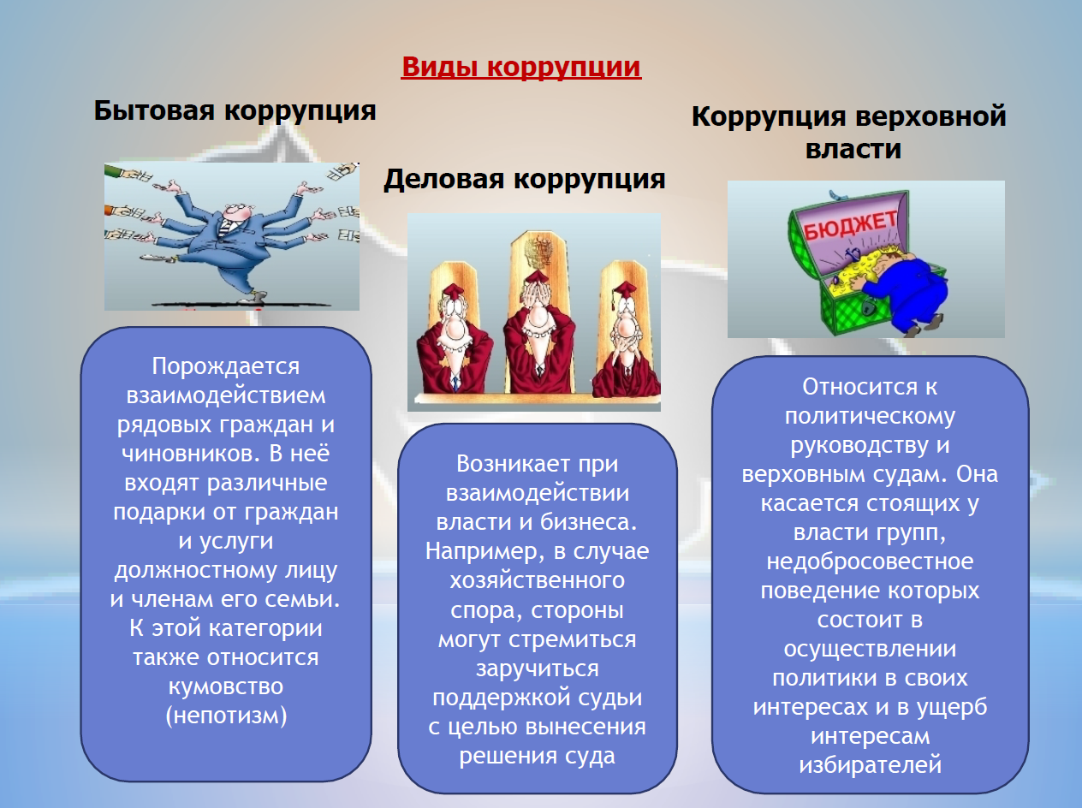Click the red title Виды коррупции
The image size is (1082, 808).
coord(521,67)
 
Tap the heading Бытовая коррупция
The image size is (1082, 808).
coord(235,111)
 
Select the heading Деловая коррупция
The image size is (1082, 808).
coord(525,180)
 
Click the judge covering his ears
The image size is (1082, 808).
coord(454,340)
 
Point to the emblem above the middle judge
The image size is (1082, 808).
coord(538,253)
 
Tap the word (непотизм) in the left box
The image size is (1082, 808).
coord(226,716)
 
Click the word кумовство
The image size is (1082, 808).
coord(226,686)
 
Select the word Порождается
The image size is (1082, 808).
coord(226,367)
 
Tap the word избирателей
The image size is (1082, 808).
coord(870,765)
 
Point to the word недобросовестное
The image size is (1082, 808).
coord(870,562)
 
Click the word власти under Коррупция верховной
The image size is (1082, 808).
coord(853,149)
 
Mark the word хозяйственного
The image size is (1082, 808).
coord(538,581)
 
